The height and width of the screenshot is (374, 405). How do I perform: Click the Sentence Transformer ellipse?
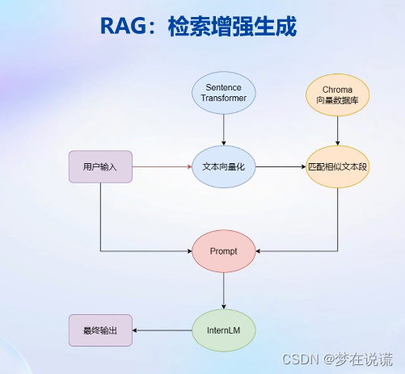[224, 93]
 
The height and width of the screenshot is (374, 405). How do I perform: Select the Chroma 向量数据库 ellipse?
[337, 93]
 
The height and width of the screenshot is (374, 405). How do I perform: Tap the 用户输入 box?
[100, 166]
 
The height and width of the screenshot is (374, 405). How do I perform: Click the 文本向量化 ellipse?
[224, 166]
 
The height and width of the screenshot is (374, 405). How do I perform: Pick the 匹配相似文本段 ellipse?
[337, 166]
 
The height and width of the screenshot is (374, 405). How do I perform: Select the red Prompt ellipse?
[224, 251]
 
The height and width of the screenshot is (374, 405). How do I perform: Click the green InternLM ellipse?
[224, 330]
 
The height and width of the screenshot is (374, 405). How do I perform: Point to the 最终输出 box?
[100, 330]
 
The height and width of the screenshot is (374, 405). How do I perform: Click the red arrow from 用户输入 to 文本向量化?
[162, 166]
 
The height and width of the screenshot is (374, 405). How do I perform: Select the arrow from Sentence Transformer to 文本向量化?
[224, 129]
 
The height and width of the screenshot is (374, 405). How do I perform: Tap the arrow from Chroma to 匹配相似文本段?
[337, 129]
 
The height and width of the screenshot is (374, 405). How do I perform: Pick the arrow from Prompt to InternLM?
[224, 290]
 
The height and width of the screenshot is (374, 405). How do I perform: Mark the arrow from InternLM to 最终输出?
[162, 330]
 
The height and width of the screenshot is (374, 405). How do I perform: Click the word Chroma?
[337, 87]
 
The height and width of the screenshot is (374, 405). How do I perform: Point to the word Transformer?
[224, 99]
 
